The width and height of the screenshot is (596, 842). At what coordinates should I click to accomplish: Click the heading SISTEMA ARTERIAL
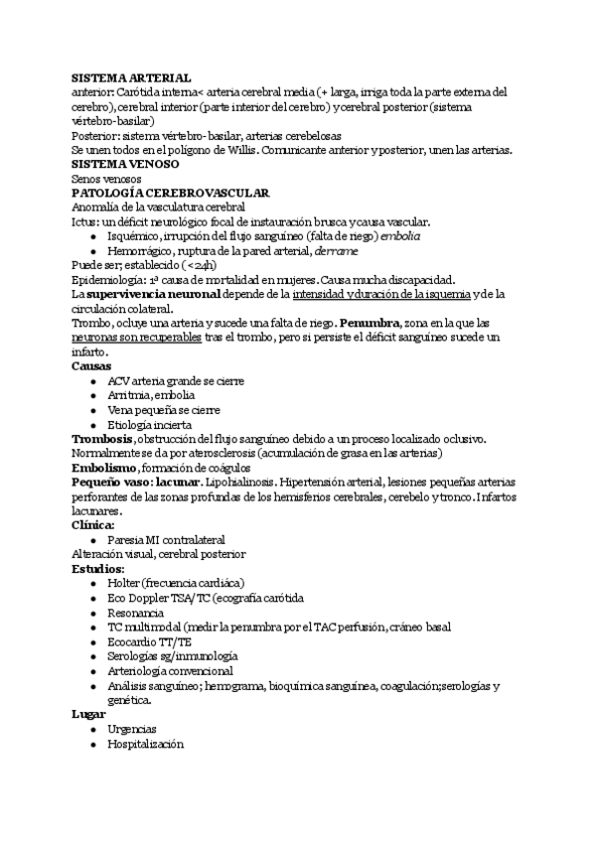132,77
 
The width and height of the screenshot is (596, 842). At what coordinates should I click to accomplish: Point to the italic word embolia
397,237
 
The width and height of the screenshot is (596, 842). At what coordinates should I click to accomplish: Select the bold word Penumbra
371,323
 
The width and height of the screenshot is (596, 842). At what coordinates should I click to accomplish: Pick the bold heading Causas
91,366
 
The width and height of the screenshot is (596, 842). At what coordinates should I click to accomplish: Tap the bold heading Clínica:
93,525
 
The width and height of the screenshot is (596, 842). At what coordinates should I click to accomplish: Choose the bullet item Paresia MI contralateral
166,540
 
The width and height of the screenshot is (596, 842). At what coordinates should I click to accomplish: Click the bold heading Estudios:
98,569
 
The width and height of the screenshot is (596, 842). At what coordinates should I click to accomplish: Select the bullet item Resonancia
136,613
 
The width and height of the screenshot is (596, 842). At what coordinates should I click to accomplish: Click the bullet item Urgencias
131,729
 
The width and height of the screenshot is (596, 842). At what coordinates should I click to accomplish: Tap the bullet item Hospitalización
146,744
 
